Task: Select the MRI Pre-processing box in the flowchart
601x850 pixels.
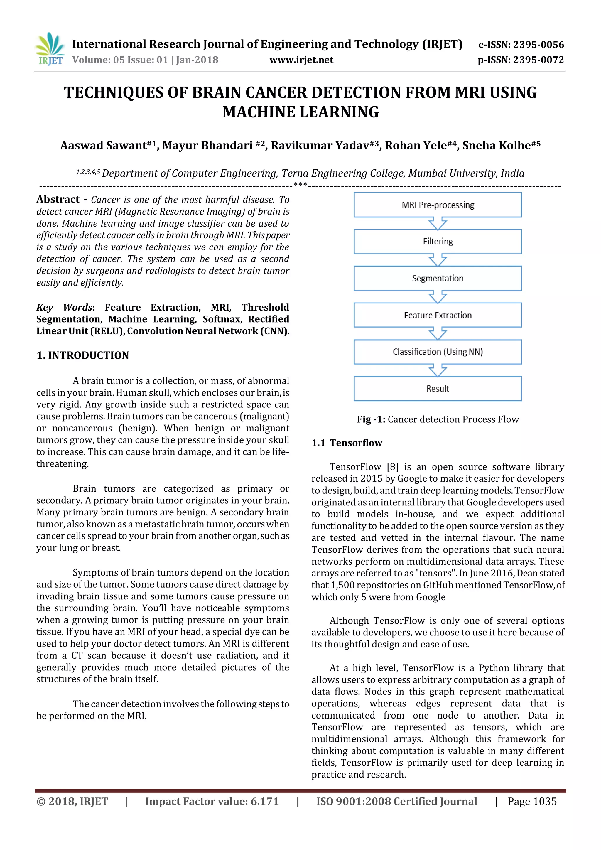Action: pyautogui.click(x=438, y=205)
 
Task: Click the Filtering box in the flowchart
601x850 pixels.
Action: pyautogui.click(x=438, y=241)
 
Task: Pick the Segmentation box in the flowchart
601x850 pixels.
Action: pyautogui.click(x=438, y=278)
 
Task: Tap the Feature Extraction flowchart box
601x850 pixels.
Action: pyautogui.click(x=438, y=315)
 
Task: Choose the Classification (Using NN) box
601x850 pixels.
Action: pyautogui.click(x=438, y=352)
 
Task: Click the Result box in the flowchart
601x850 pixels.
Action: pyautogui.click(x=438, y=388)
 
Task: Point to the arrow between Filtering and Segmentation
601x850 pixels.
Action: pyautogui.click(x=438, y=260)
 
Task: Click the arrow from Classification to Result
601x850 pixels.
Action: pyautogui.click(x=438, y=371)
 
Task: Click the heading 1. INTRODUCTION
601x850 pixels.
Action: pyautogui.click(x=82, y=355)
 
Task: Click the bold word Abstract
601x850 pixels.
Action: pyautogui.click(x=58, y=200)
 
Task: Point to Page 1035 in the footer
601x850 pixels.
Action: pyautogui.click(x=532, y=802)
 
